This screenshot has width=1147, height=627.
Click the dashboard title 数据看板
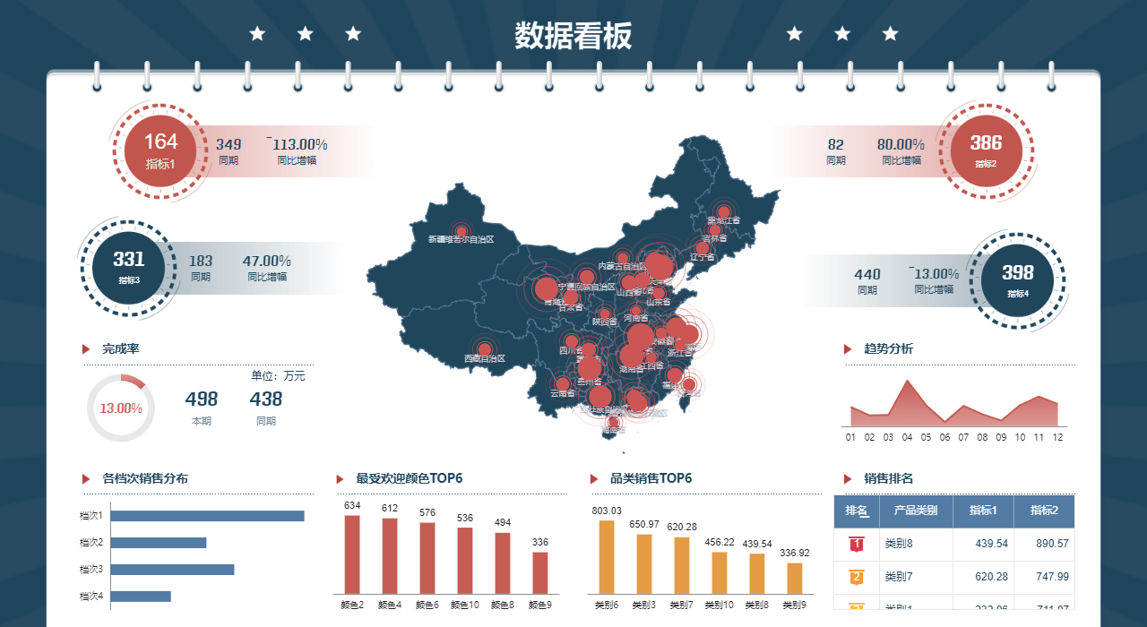click(573, 36)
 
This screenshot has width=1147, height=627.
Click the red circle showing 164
click(161, 149)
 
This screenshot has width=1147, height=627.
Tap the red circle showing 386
click(986, 149)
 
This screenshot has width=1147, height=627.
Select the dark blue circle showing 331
click(129, 267)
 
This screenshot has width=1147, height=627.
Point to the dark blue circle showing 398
click(1018, 279)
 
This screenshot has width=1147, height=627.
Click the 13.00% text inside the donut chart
click(121, 408)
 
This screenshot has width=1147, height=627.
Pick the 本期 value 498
click(202, 399)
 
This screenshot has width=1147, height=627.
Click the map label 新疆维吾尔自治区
click(461, 239)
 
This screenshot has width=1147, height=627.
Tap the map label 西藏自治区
click(485, 358)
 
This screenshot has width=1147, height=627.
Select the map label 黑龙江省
click(724, 220)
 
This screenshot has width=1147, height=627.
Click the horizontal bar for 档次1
click(207, 516)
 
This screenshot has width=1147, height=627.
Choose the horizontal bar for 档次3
click(172, 570)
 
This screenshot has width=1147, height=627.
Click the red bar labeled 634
click(352, 554)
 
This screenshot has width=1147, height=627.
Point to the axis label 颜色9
click(540, 606)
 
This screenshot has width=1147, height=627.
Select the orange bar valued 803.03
click(607, 556)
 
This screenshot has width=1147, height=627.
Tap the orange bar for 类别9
click(795, 578)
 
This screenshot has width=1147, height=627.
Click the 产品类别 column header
click(916, 511)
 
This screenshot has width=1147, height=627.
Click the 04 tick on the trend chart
click(907, 437)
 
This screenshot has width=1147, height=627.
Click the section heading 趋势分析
click(888, 349)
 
